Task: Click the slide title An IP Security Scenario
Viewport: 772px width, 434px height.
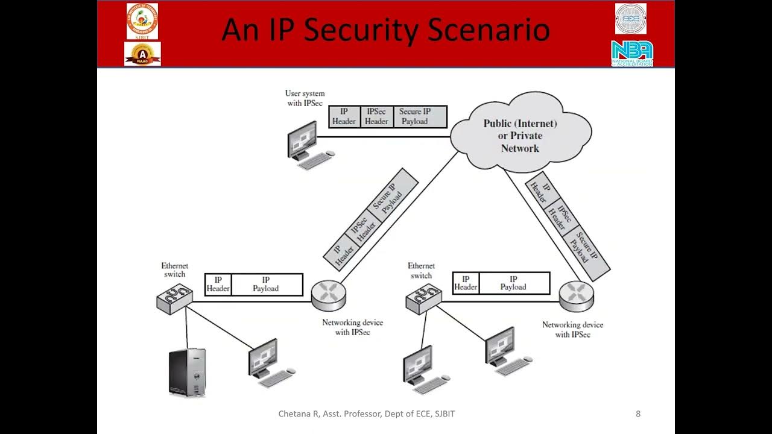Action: (385, 30)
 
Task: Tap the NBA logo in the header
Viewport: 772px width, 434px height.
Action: (631, 53)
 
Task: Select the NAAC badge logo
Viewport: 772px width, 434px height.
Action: (142, 54)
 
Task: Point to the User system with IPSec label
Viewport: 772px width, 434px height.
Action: (305, 98)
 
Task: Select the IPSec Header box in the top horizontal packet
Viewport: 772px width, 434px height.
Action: (376, 116)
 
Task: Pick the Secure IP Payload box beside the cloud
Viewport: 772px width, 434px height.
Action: (415, 116)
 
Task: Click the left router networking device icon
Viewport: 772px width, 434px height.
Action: (329, 295)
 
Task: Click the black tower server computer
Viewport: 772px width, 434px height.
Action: (187, 372)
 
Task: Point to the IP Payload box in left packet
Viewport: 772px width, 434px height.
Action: (266, 285)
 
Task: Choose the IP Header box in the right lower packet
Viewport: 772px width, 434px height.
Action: (466, 283)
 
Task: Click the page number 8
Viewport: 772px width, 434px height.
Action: (638, 414)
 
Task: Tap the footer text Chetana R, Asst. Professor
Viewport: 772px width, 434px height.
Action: (366, 414)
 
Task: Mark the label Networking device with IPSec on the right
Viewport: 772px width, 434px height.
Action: (572, 329)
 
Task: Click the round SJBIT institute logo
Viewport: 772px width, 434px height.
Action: (142, 20)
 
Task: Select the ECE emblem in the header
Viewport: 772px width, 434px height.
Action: (631, 18)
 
